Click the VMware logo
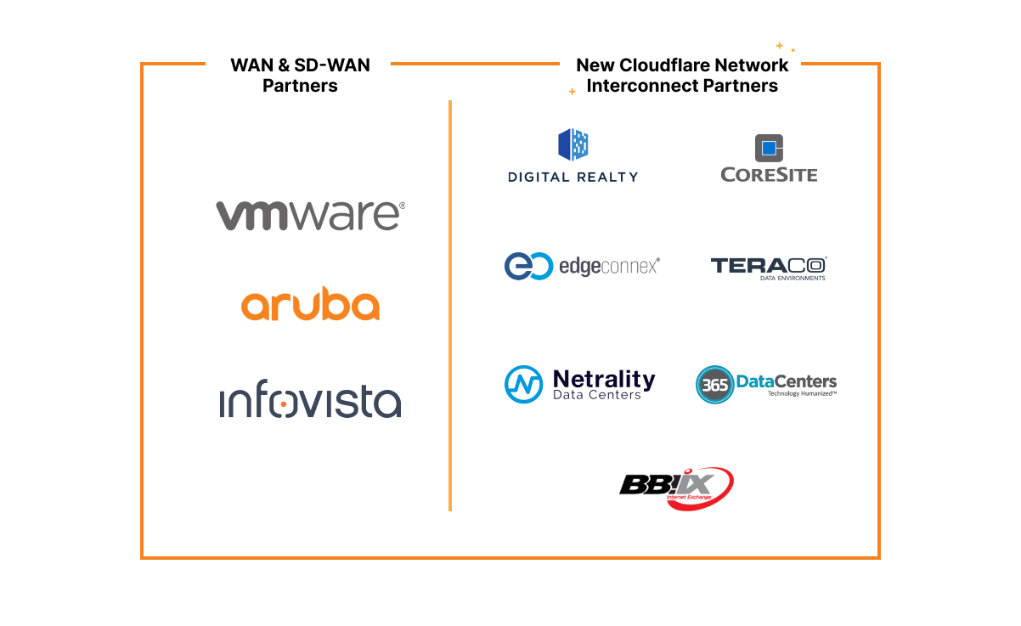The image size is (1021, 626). (x=310, y=216)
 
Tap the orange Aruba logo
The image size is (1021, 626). (x=310, y=305)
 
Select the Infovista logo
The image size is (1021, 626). (x=310, y=402)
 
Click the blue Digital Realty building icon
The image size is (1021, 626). (x=573, y=144)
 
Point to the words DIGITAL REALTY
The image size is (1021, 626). (x=573, y=177)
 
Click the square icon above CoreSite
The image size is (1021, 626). (x=769, y=148)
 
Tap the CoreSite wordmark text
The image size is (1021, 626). (x=769, y=175)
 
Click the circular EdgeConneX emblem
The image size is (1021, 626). (x=523, y=266)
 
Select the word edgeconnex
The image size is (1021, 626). (x=608, y=266)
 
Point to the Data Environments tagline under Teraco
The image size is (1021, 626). (x=792, y=278)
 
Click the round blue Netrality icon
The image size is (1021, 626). (x=523, y=384)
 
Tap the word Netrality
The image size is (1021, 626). (x=604, y=378)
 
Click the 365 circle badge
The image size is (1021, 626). (x=714, y=385)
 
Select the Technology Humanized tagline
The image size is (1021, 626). (x=802, y=394)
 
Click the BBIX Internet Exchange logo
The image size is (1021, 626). (x=676, y=488)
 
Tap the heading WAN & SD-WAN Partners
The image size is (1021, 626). (x=300, y=76)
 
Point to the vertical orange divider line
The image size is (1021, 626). (x=449, y=306)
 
